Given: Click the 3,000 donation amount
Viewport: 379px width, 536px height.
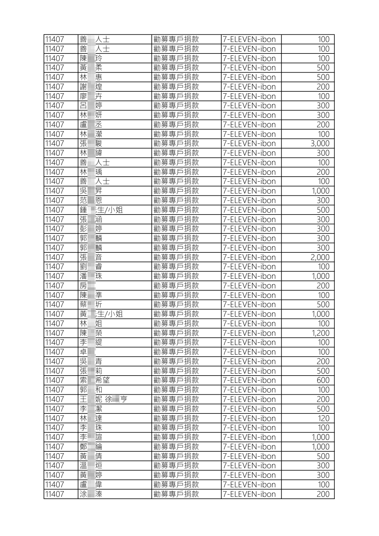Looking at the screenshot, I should coord(320,144).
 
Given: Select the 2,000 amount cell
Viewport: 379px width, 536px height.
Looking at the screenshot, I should coord(320,257).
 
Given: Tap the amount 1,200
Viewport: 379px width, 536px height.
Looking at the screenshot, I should coord(320,333).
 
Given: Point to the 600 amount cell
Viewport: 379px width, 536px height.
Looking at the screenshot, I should coord(323,380).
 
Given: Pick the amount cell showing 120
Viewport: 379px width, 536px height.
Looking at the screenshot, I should coord(323,418).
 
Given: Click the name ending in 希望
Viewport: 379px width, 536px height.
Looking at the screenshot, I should coord(95,380).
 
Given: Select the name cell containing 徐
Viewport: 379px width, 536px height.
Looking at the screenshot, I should coord(103,399).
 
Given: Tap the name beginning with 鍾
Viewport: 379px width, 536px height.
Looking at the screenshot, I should coord(101,210).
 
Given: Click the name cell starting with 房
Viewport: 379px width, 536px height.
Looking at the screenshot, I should coord(88,286).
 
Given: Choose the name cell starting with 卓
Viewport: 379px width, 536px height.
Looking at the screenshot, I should coord(88,352).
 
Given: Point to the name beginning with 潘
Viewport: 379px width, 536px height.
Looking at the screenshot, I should coord(91,276).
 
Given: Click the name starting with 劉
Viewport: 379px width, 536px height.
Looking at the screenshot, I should coord(91,267).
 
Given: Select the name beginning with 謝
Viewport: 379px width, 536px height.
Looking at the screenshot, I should coord(91,87).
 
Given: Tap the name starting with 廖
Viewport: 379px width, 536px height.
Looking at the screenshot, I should coord(91,96).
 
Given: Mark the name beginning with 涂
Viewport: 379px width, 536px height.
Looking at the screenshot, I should coord(91,494).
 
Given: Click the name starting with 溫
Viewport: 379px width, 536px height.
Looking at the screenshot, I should coord(91,465).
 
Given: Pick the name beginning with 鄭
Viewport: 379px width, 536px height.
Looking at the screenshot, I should coord(91,447).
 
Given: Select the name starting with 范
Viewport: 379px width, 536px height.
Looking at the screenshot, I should coord(91,200).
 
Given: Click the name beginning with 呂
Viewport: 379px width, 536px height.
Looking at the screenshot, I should coord(91,106).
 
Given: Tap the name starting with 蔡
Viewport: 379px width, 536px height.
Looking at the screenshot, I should coord(91,304).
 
